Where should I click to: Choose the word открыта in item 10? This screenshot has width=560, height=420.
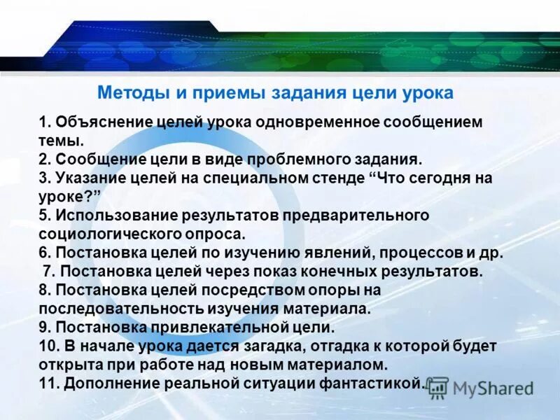point(69,364)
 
